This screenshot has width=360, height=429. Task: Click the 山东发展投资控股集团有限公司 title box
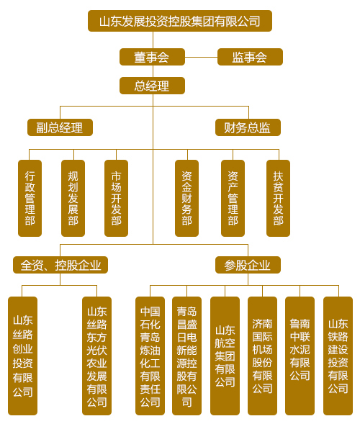180,21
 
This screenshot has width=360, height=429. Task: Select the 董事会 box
152,57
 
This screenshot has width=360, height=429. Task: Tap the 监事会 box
250,57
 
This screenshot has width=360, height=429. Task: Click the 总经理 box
152,86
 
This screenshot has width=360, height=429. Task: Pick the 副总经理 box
60,127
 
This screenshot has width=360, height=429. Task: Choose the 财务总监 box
248,127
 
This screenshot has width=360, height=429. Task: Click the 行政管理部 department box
30,198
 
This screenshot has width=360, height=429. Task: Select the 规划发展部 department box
73,198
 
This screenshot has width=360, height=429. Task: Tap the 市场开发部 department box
117,198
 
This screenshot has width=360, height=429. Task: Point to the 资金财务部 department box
187,198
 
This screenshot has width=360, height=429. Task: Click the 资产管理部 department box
233,198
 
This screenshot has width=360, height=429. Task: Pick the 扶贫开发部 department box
278,198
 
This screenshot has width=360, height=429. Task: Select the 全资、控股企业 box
60,265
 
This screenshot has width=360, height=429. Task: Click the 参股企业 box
248,265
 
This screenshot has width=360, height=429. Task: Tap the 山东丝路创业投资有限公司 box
23,356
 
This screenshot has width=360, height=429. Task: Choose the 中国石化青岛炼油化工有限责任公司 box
150,356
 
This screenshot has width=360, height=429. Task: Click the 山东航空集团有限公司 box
225,356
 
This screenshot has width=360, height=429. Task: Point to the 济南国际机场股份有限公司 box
262,356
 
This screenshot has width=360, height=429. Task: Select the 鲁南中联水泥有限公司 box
300,356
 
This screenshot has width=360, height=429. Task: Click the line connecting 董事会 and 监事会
201,57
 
